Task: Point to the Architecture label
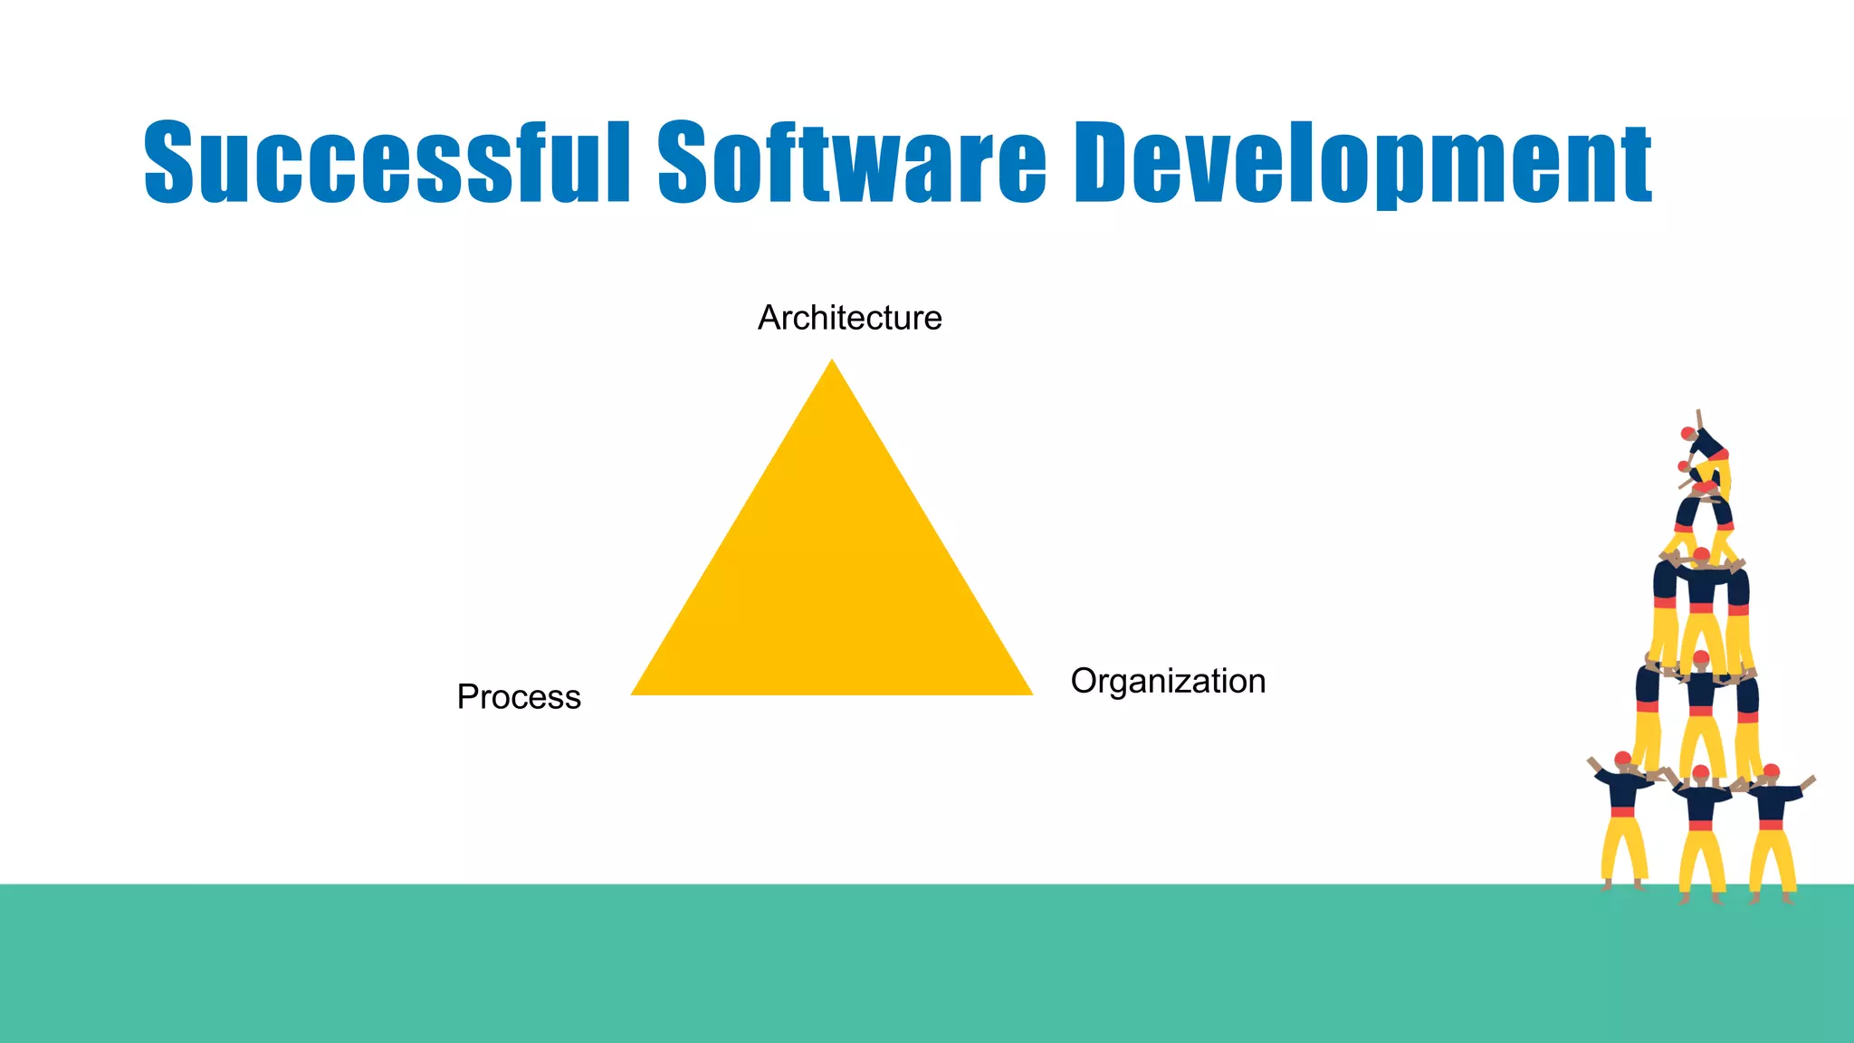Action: (849, 318)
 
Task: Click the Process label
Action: (519, 697)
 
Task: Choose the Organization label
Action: (1168, 681)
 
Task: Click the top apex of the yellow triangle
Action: (832, 362)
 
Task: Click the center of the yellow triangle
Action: (832, 584)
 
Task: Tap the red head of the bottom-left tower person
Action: (1622, 759)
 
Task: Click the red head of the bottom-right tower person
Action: (1772, 771)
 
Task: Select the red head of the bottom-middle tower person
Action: (1701, 773)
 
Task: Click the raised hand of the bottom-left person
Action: (1591, 761)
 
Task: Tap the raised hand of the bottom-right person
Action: (1811, 779)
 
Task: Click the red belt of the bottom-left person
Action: (1622, 812)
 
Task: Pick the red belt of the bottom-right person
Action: (1772, 824)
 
